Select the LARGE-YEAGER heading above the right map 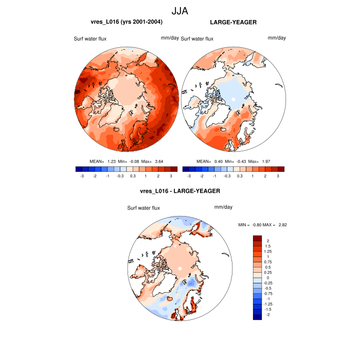click(233, 22)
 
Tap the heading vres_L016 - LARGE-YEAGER click(180, 191)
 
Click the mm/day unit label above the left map click(170, 38)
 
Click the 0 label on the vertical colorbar click(267, 278)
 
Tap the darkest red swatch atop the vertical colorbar click(258, 239)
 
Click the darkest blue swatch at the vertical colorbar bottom click(258, 317)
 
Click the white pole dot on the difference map click(179, 269)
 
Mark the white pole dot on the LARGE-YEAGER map click(233, 99)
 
